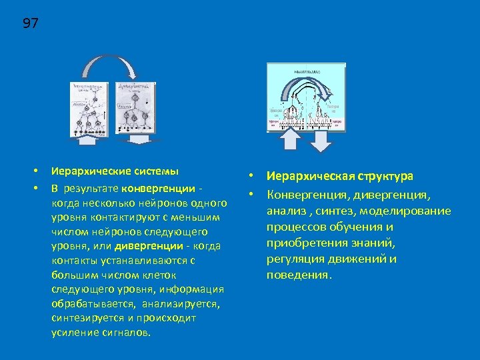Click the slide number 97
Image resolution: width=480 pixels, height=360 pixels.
pos(31,24)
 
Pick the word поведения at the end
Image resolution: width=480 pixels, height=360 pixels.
pos(297,275)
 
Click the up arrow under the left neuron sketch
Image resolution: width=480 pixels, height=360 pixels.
pos(87,138)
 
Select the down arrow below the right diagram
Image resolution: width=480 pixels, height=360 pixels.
pos(321,141)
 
